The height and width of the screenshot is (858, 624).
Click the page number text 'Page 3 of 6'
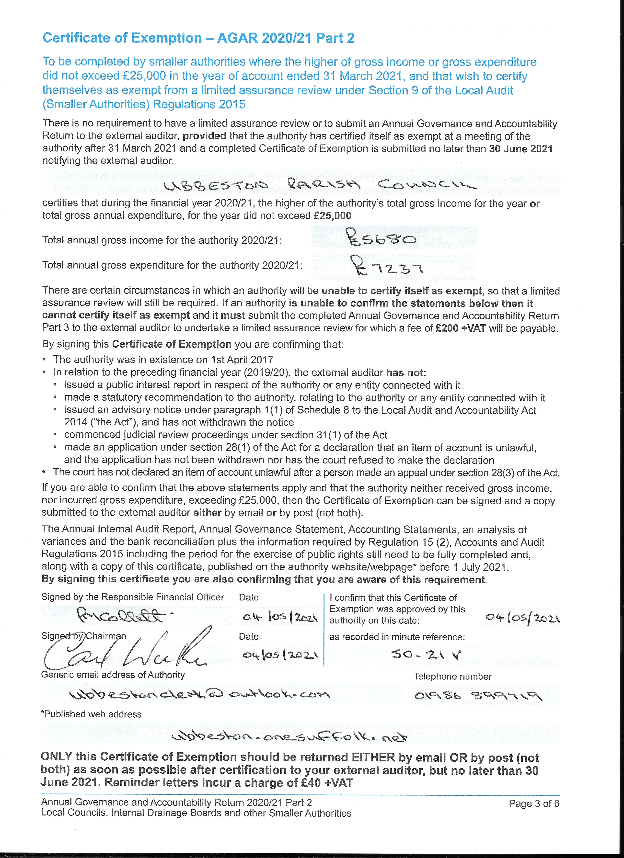click(x=533, y=803)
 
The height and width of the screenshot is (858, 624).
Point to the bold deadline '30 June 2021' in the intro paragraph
click(x=521, y=149)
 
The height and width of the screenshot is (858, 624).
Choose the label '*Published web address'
click(x=91, y=714)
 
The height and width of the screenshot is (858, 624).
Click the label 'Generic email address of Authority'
click(x=113, y=675)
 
